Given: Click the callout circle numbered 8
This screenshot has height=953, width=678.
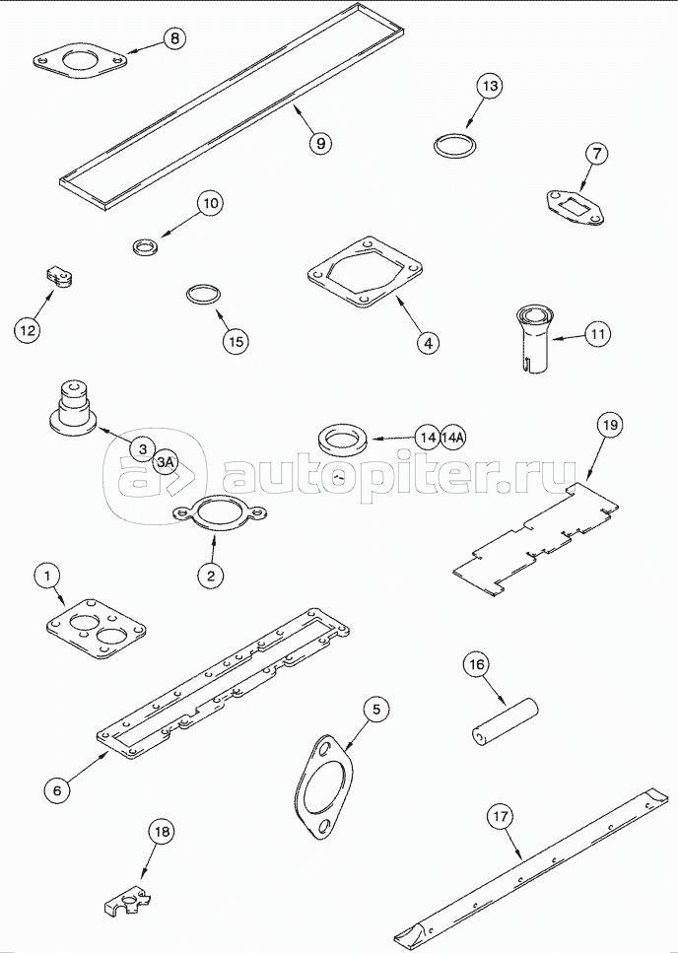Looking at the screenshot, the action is point(174,38).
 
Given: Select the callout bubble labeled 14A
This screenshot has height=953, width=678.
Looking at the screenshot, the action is point(453,437).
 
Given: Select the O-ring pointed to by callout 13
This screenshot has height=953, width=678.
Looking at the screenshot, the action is point(455,146).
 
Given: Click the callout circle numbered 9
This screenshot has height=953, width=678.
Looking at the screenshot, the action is point(320,143).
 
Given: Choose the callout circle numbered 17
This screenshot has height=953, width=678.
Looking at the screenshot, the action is point(500,817).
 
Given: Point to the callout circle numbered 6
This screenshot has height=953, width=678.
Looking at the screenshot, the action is point(56,789).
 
